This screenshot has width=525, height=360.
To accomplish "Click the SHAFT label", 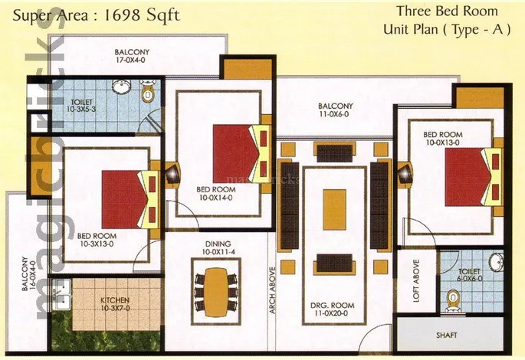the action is [x=447, y=335].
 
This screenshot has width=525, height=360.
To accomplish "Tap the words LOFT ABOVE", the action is [x=416, y=281].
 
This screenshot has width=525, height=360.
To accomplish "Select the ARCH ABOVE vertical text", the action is [x=273, y=290].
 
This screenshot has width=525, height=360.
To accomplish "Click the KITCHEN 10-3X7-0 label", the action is [x=115, y=304].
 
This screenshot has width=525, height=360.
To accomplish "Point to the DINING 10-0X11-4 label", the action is [x=218, y=248].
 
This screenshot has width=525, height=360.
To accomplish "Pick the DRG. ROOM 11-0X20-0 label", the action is [x=332, y=309].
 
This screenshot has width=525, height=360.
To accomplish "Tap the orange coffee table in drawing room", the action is [x=334, y=209].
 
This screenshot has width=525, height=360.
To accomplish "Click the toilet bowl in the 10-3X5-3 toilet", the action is [x=147, y=91].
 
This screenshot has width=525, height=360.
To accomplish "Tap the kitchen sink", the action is [x=61, y=294].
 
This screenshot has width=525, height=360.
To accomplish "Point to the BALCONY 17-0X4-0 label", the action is [x=132, y=56].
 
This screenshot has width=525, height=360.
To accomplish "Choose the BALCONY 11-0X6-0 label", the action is [x=336, y=110].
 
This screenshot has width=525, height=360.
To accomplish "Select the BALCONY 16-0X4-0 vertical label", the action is [x=28, y=273].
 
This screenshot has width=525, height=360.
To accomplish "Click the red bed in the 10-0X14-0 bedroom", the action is [x=236, y=153].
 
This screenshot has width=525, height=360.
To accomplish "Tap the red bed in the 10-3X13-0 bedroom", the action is [x=125, y=199].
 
